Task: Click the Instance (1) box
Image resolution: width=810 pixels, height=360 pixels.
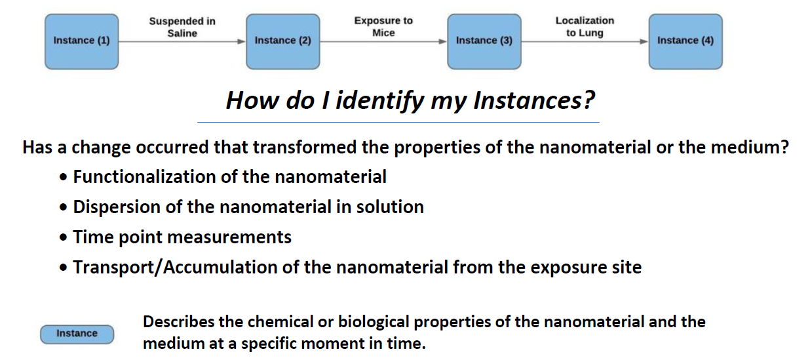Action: point(82,41)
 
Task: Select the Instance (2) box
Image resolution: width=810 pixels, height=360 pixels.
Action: point(282,41)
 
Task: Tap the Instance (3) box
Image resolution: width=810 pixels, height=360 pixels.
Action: point(484,41)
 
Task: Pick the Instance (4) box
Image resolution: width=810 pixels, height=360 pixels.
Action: point(685,41)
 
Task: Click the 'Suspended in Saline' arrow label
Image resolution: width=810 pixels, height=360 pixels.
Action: point(182,27)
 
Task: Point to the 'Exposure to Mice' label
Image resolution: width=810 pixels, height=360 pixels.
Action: point(383,27)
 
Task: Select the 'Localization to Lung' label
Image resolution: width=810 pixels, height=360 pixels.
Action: point(585,27)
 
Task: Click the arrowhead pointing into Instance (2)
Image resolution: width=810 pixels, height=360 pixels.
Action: point(241,41)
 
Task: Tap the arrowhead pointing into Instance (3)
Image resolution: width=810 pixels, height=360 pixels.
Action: point(442,41)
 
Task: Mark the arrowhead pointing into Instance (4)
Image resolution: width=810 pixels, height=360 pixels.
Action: point(644,41)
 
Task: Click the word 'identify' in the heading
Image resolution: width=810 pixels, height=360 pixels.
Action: point(379,100)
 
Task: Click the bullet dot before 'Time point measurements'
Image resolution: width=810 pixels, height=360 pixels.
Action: point(64,238)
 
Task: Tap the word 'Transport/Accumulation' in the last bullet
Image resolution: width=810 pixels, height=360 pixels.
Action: point(176,268)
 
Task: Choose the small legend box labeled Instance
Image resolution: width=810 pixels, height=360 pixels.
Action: point(77,334)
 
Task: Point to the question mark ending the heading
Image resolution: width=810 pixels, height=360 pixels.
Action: point(588,100)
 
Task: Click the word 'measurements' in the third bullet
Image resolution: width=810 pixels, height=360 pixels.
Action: point(229,237)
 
